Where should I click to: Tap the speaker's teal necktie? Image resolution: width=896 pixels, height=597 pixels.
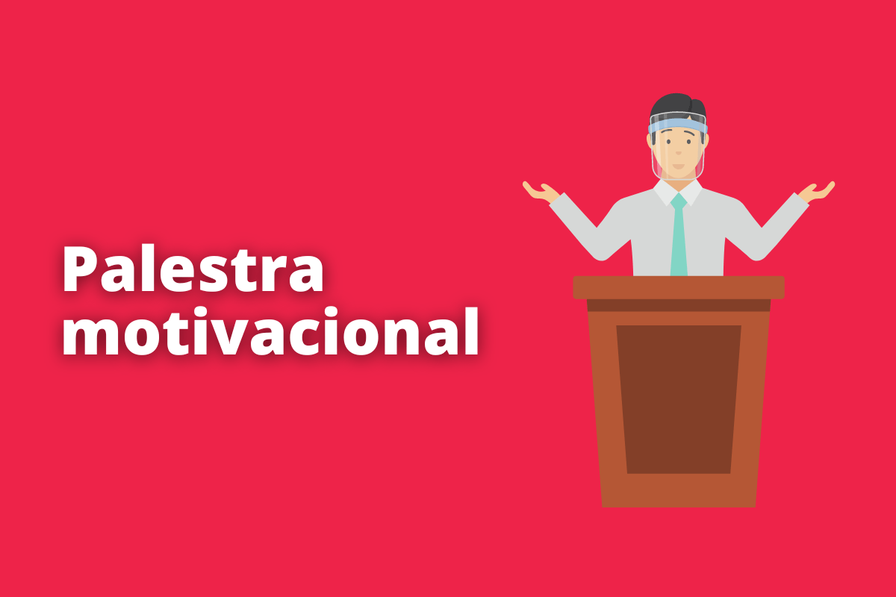pos(679,235)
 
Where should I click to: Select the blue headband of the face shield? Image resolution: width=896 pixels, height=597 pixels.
pos(677,122)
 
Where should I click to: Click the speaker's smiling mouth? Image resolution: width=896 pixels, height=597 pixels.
pos(677,165)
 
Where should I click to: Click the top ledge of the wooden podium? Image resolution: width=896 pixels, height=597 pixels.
pos(678,287)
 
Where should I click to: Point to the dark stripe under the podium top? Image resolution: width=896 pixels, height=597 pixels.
pos(678,305)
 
